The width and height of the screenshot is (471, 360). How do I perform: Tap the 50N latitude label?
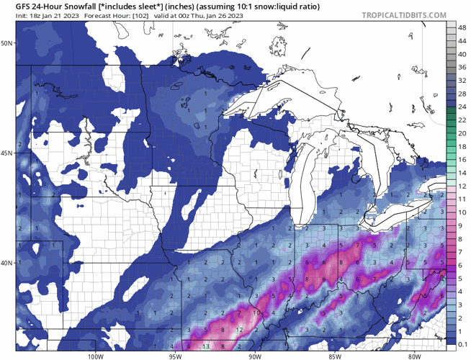7,43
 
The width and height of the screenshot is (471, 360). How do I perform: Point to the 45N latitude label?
7,153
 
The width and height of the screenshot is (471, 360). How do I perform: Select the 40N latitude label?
7,263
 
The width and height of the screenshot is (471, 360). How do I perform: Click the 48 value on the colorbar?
460,26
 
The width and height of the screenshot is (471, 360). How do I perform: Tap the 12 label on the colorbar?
460,186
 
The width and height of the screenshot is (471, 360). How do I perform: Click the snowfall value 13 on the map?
206,346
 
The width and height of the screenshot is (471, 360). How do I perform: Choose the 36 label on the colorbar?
460,67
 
